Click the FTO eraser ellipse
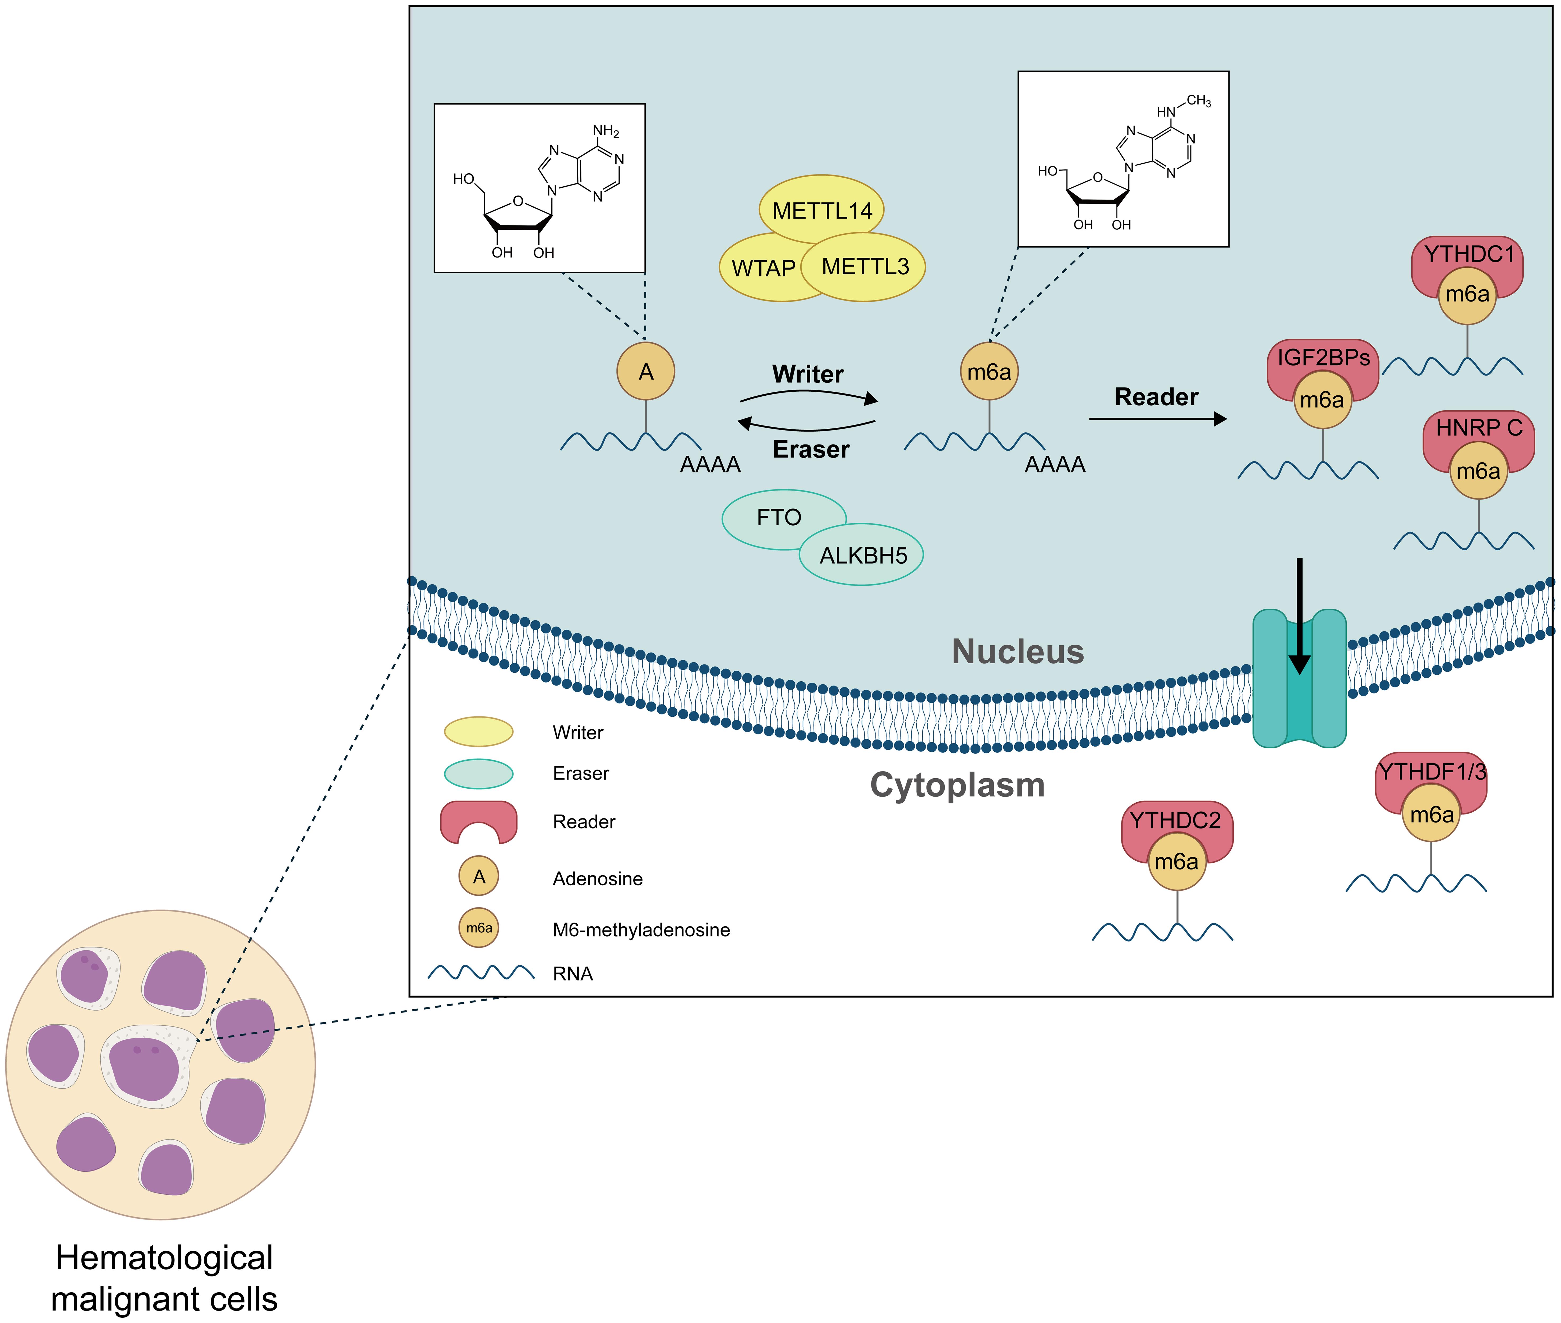(779, 517)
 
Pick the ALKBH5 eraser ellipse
(863, 556)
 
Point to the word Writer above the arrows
(808, 373)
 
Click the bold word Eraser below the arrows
(811, 449)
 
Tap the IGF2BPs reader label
(1323, 358)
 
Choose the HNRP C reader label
(1479, 428)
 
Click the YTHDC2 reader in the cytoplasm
(1175, 821)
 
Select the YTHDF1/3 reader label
(1431, 772)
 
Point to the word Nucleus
(1017, 651)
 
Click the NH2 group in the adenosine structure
(605, 131)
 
